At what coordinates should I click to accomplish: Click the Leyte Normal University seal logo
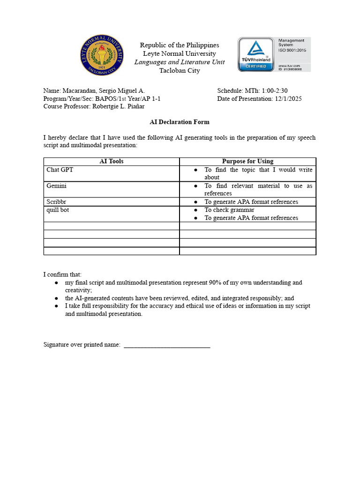pos(102,55)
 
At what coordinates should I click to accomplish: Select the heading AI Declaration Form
pos(180,122)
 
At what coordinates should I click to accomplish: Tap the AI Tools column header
pos(112,161)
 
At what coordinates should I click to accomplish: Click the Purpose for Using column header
pos(247,161)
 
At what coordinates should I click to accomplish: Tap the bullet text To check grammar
pos(229,210)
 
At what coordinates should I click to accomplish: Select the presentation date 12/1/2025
pos(288,99)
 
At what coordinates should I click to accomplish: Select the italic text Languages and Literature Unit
pos(180,62)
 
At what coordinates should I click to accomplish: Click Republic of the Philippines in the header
pos(180,45)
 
